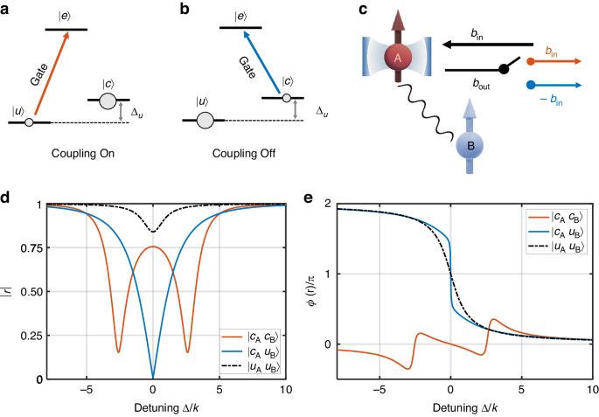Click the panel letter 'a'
[x=6, y=8]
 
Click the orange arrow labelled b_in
[x=560, y=62]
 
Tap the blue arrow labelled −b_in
[x=560, y=86]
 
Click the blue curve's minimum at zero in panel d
[x=152, y=377]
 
